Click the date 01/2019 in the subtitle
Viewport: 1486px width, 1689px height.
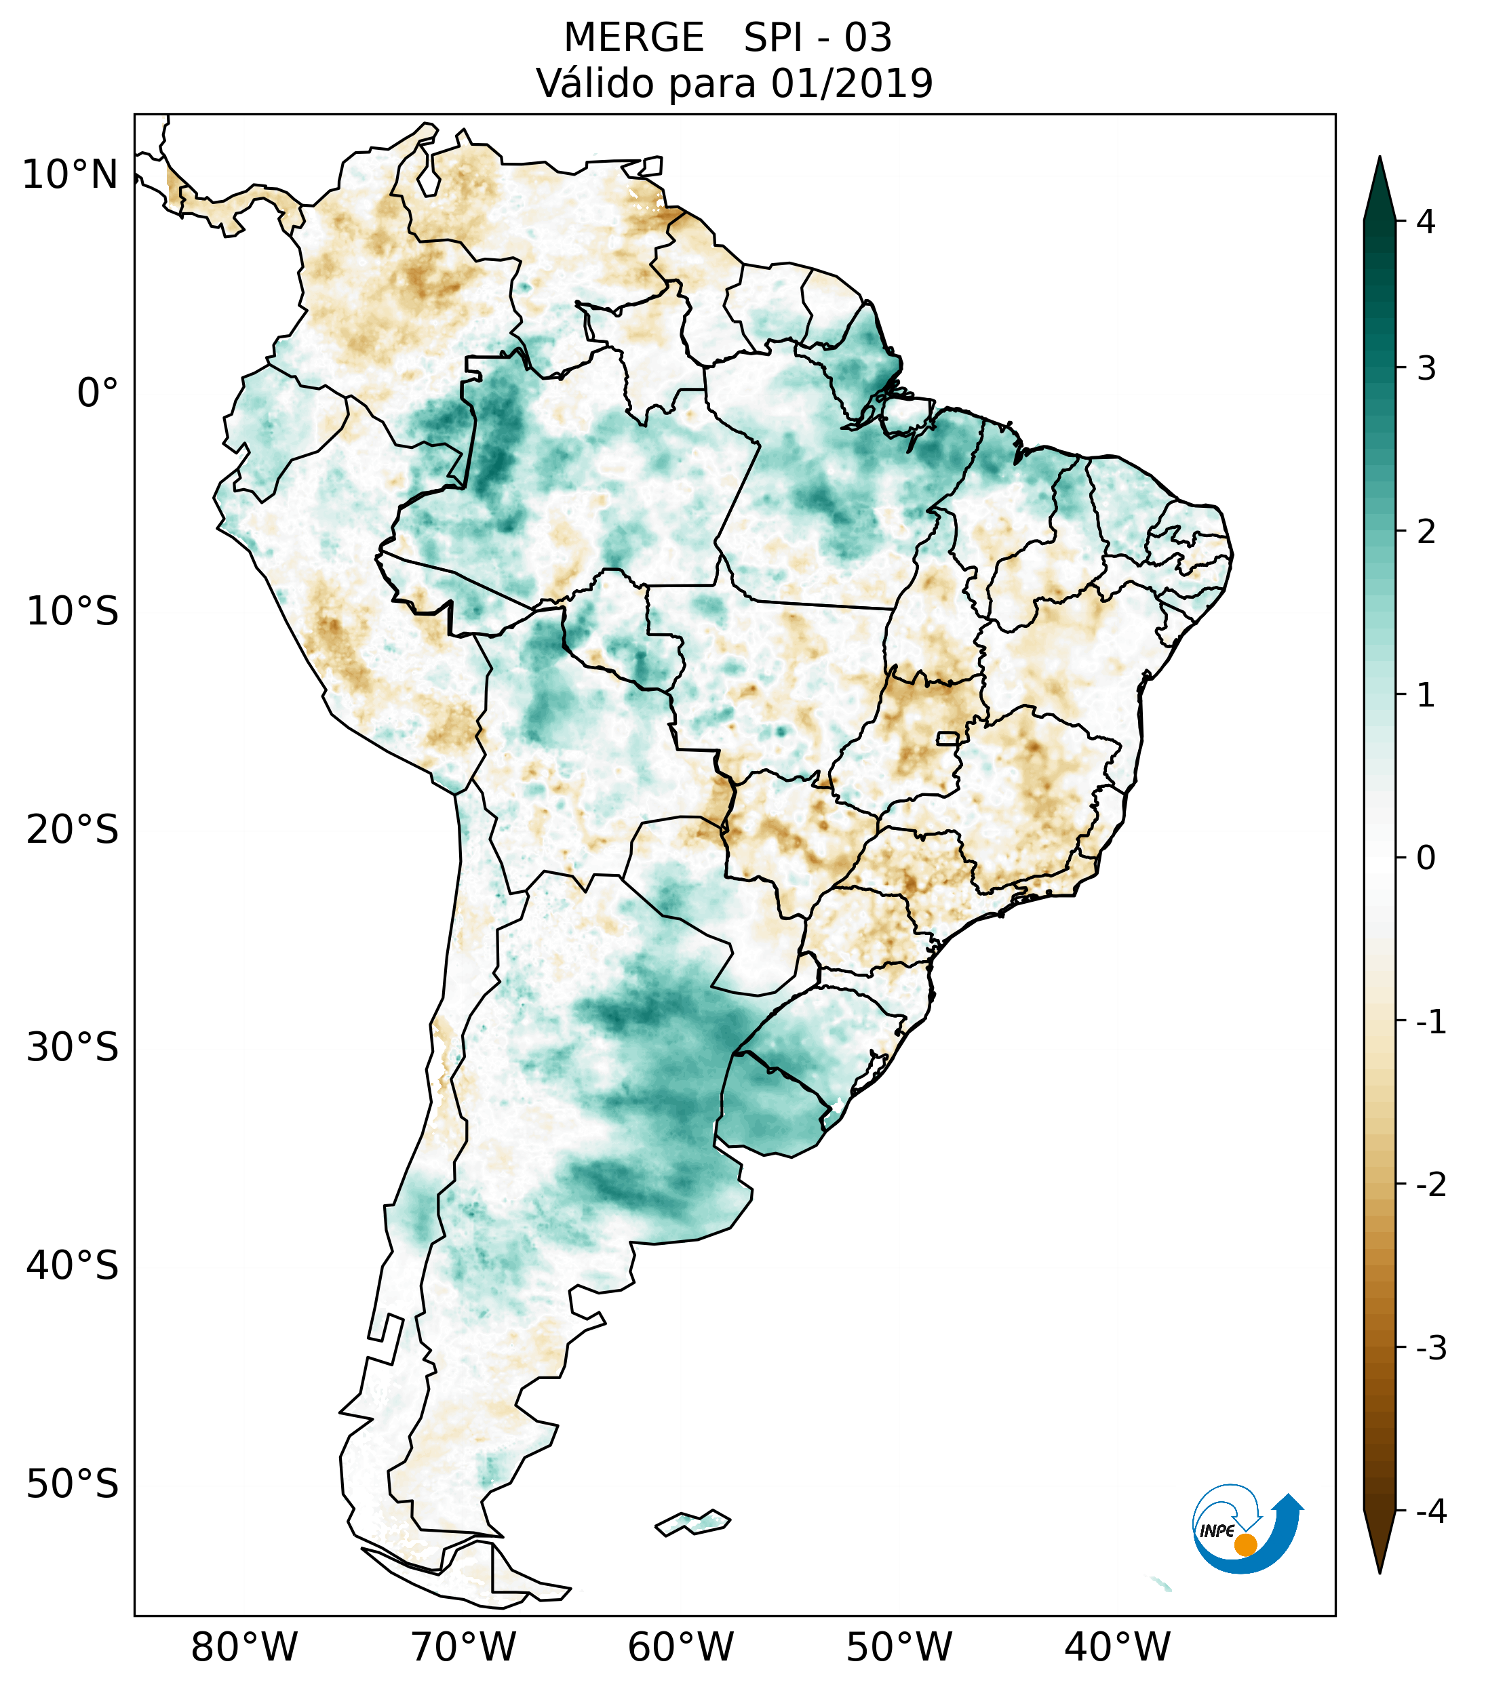851,83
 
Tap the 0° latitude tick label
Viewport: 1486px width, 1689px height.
98,393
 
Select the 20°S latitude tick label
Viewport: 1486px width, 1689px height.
73,829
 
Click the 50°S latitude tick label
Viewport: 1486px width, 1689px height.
73,1484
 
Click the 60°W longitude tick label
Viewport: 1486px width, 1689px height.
680,1647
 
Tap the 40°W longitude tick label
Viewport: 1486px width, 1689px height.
1118,1647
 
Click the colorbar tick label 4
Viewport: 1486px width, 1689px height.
1426,222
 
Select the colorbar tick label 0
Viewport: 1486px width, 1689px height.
1426,858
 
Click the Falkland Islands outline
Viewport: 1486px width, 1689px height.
692,1522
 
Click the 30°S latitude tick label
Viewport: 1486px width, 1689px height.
73,1047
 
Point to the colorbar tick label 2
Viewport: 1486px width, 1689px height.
1426,532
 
